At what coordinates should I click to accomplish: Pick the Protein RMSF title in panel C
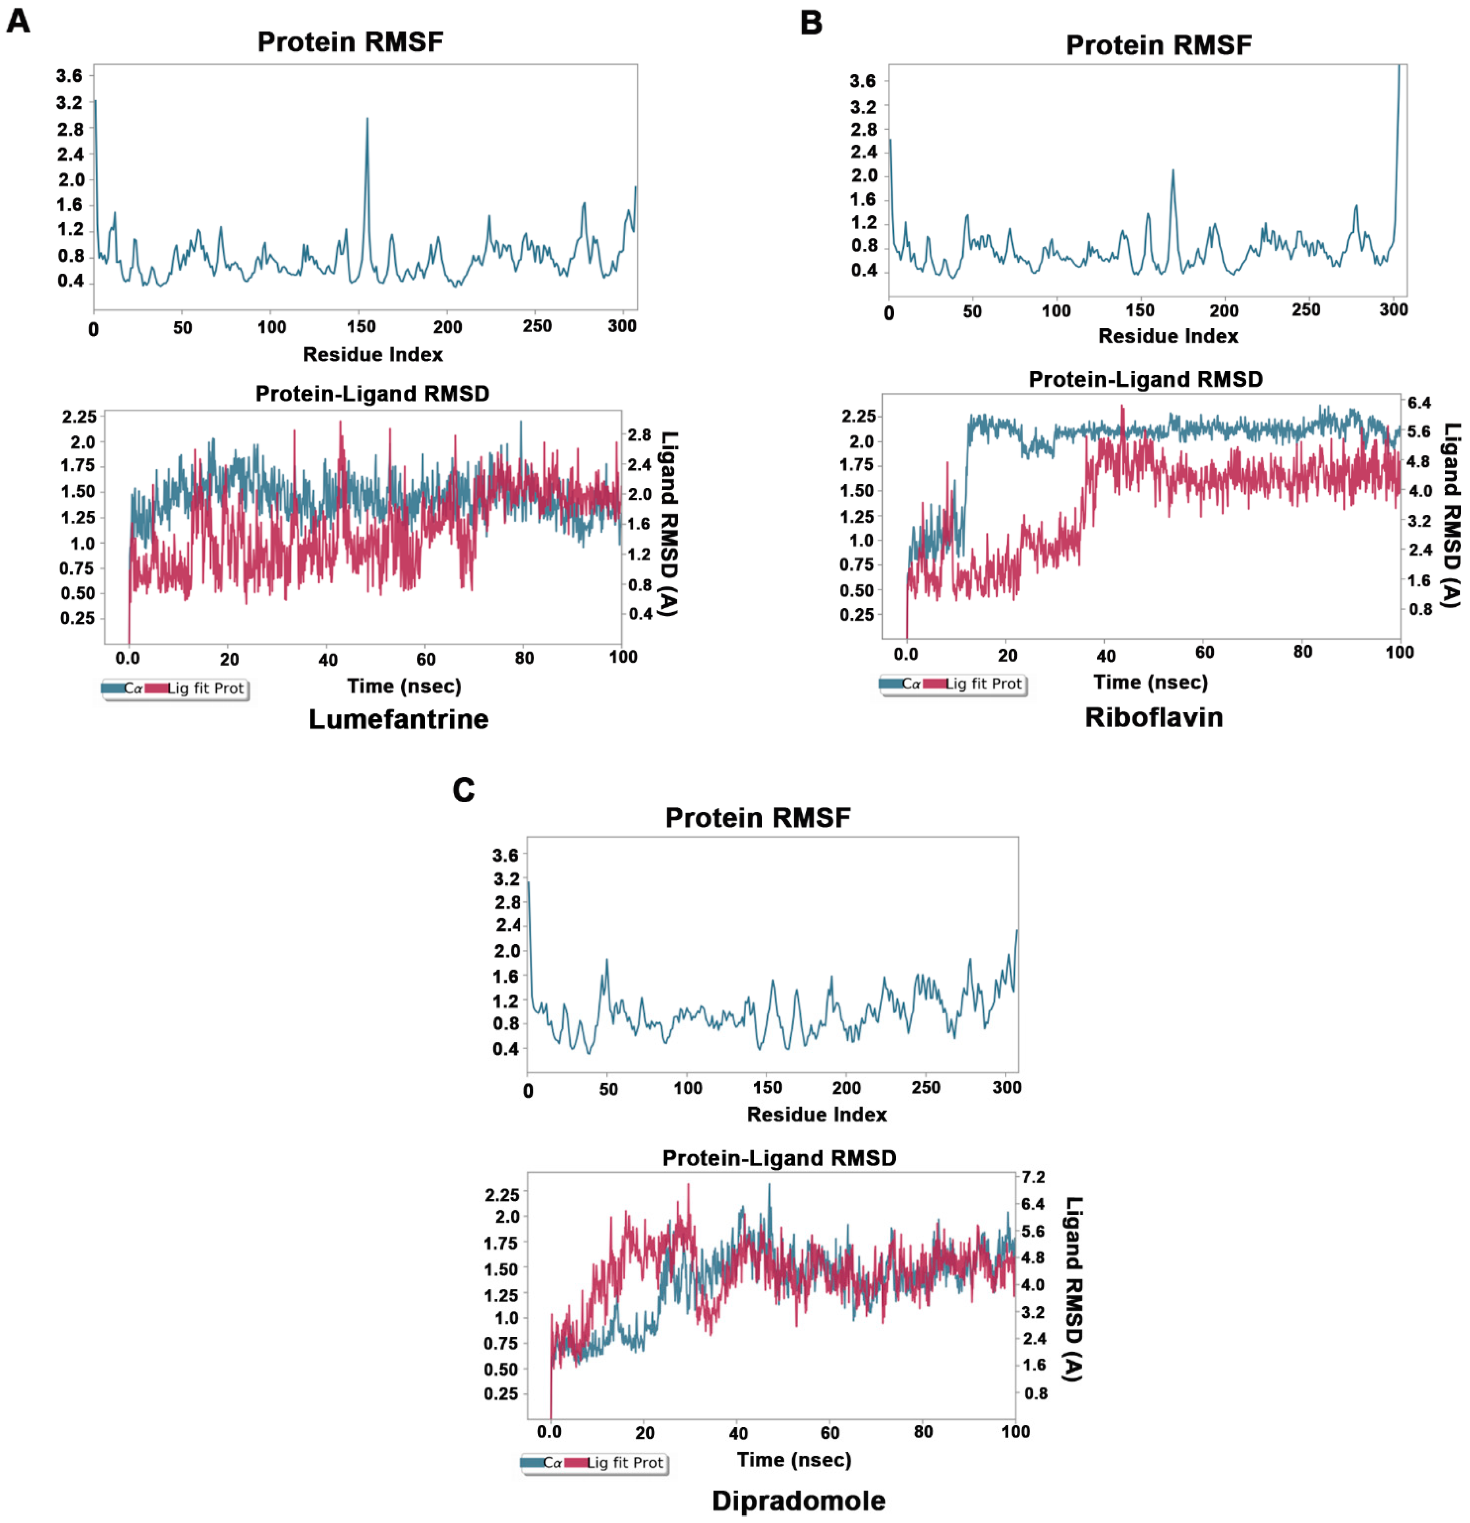click(x=758, y=818)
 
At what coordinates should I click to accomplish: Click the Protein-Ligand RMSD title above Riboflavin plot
click(x=1145, y=379)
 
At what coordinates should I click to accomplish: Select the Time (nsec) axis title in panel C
click(x=794, y=1459)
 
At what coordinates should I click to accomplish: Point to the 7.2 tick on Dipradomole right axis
click(x=1033, y=1177)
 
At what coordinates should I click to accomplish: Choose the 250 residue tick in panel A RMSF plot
click(x=537, y=326)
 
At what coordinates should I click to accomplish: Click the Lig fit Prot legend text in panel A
click(x=206, y=689)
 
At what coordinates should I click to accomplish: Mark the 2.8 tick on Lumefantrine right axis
click(x=640, y=435)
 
